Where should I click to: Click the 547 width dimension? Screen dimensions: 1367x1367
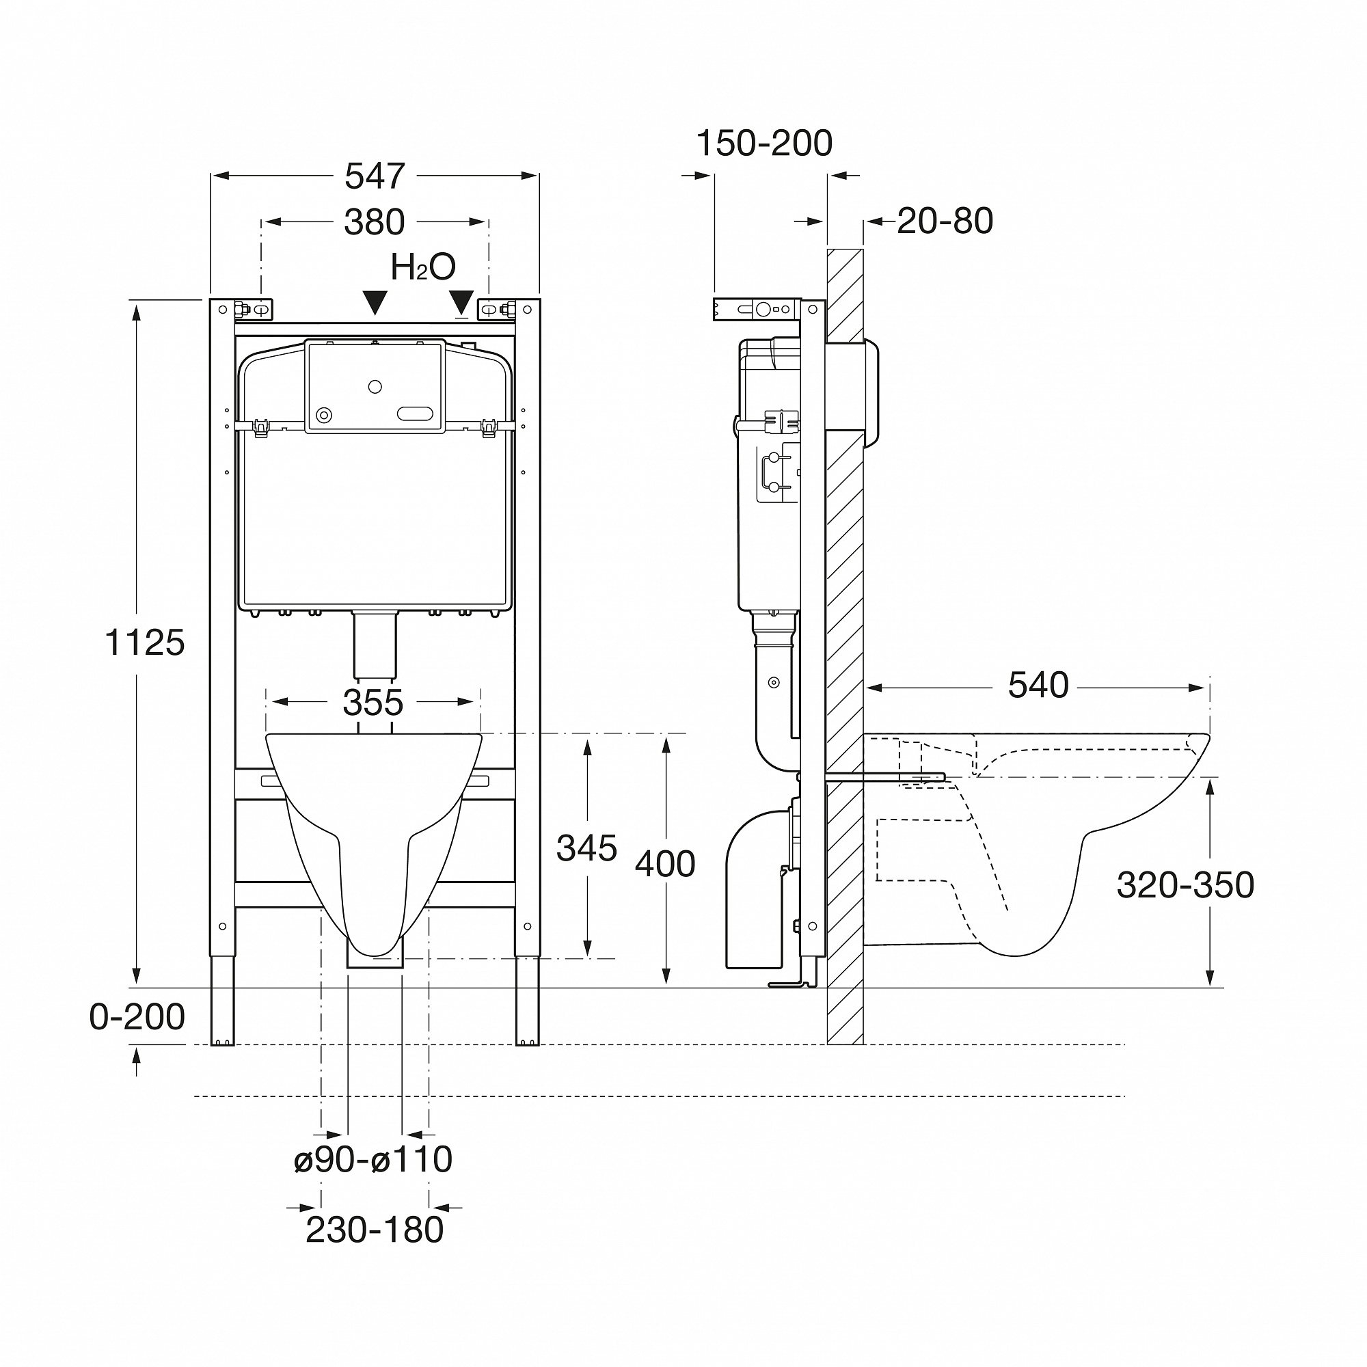[x=375, y=176]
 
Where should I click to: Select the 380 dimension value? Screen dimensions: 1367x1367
[x=375, y=222]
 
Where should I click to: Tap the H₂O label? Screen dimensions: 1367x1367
[x=422, y=267]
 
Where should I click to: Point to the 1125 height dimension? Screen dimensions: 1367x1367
[x=144, y=643]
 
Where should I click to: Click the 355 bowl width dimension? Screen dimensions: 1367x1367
[x=373, y=703]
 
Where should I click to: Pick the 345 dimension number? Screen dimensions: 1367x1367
[x=586, y=848]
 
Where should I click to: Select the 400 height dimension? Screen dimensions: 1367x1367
[x=664, y=864]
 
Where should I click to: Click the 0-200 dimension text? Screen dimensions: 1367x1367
[x=137, y=1017]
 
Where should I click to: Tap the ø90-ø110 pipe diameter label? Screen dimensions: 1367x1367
[x=373, y=1159]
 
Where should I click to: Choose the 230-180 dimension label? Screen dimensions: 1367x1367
[x=375, y=1230]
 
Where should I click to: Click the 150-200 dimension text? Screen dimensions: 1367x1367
[x=764, y=144]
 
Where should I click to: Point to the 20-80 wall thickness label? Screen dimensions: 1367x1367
[x=945, y=221]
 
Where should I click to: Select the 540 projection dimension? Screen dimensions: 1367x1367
[x=1038, y=685]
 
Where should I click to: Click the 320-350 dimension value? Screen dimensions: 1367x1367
[x=1185, y=884]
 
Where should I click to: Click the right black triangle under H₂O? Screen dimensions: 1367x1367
[x=461, y=301]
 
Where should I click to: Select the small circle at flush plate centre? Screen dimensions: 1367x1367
[x=375, y=386]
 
